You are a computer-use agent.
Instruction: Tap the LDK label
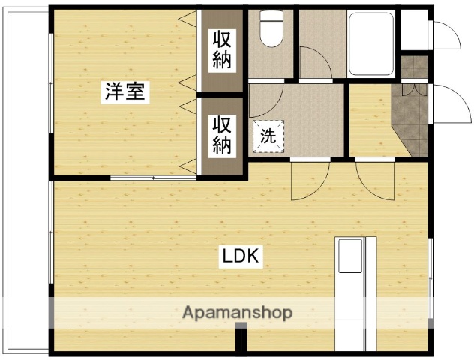coord(239,256)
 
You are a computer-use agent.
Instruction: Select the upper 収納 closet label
coord(221,50)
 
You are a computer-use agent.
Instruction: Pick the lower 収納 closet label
coord(221,135)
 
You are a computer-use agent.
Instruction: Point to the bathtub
coord(370,43)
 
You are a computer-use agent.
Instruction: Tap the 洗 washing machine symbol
coord(268,136)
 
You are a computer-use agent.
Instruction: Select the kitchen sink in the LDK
coord(349,256)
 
